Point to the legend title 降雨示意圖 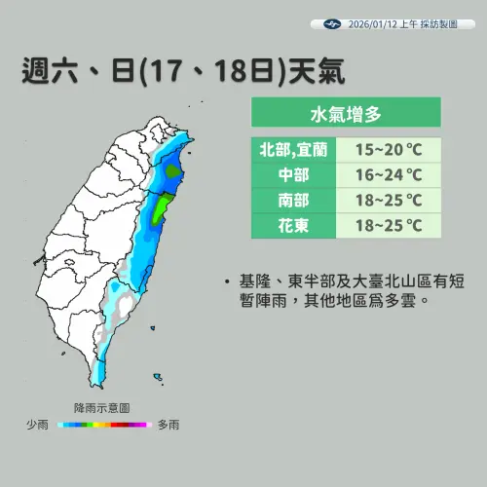click(x=101, y=408)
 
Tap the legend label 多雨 click(x=167, y=425)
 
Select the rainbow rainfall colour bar click(x=101, y=425)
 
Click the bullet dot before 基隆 click(x=226, y=282)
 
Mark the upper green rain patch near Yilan click(x=173, y=172)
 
